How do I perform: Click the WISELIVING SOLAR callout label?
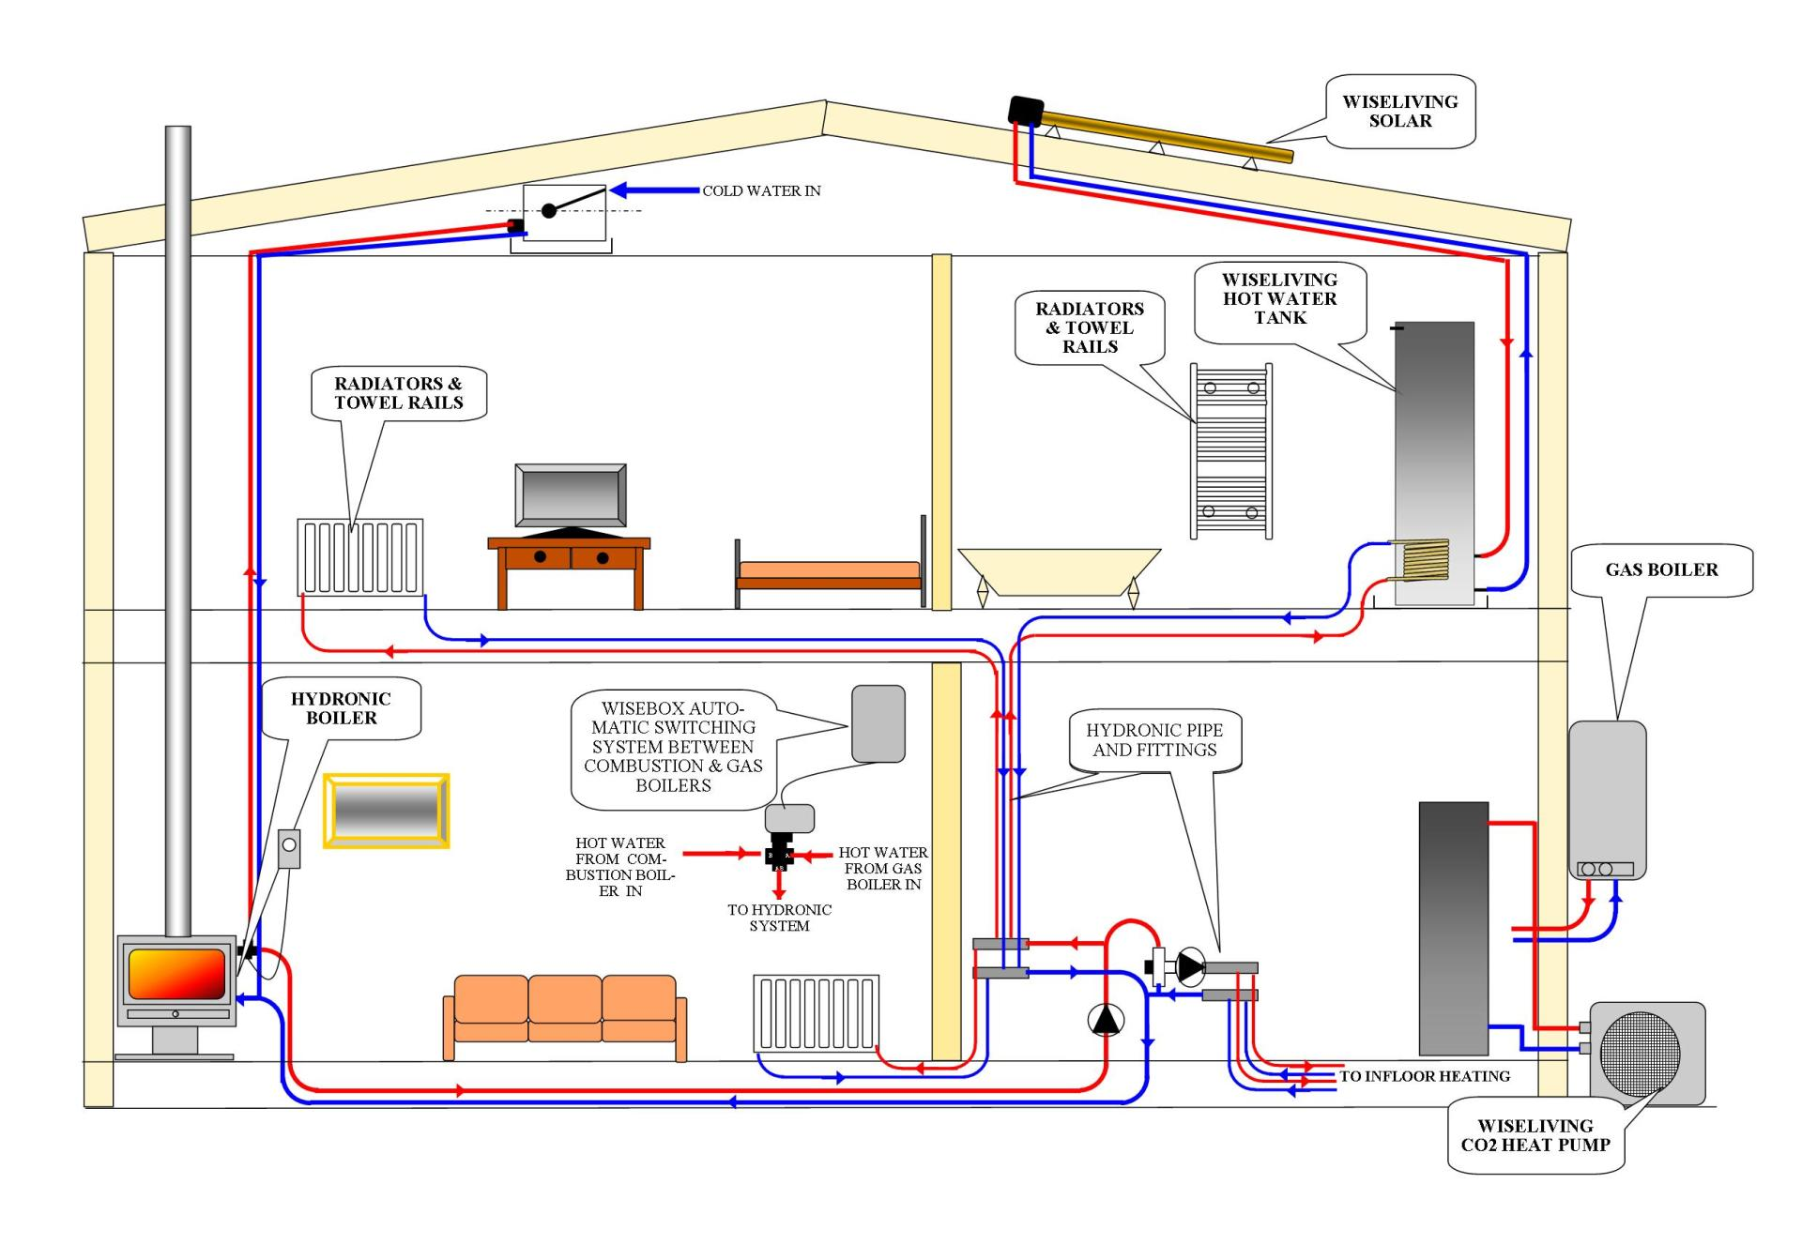tap(1399, 111)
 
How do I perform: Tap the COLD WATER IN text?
tap(761, 190)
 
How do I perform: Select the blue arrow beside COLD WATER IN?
tap(654, 190)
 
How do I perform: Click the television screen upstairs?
tap(570, 495)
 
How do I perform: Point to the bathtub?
tap(1058, 570)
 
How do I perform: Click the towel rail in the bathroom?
tap(1230, 450)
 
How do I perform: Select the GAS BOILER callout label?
tap(1661, 569)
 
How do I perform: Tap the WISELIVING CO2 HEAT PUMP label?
tap(1535, 1135)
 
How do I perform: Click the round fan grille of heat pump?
tap(1640, 1053)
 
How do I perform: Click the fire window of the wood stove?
tap(176, 973)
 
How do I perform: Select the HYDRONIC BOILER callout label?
tap(341, 708)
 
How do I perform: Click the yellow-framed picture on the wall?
tap(386, 811)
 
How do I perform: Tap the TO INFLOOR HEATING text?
tap(1424, 1076)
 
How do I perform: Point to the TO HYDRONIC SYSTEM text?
tap(779, 918)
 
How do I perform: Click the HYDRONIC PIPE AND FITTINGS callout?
tap(1154, 740)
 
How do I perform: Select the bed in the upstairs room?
tap(829, 572)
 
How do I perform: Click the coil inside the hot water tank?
tap(1425, 561)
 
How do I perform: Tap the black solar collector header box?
tap(1025, 110)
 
